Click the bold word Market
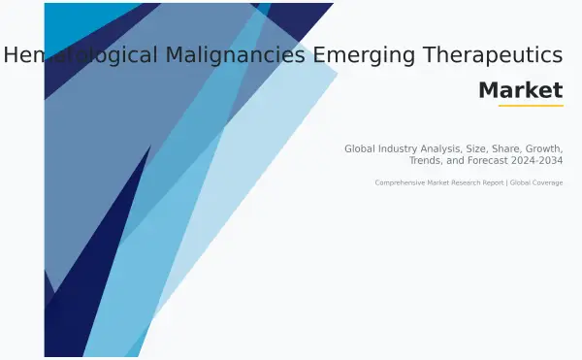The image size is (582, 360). [520, 90]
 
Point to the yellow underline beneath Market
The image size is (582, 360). [531, 105]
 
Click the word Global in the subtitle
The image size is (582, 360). [360, 148]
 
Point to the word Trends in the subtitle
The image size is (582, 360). [428, 160]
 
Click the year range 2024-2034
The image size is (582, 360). [539, 160]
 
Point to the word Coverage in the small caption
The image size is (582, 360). [547, 182]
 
